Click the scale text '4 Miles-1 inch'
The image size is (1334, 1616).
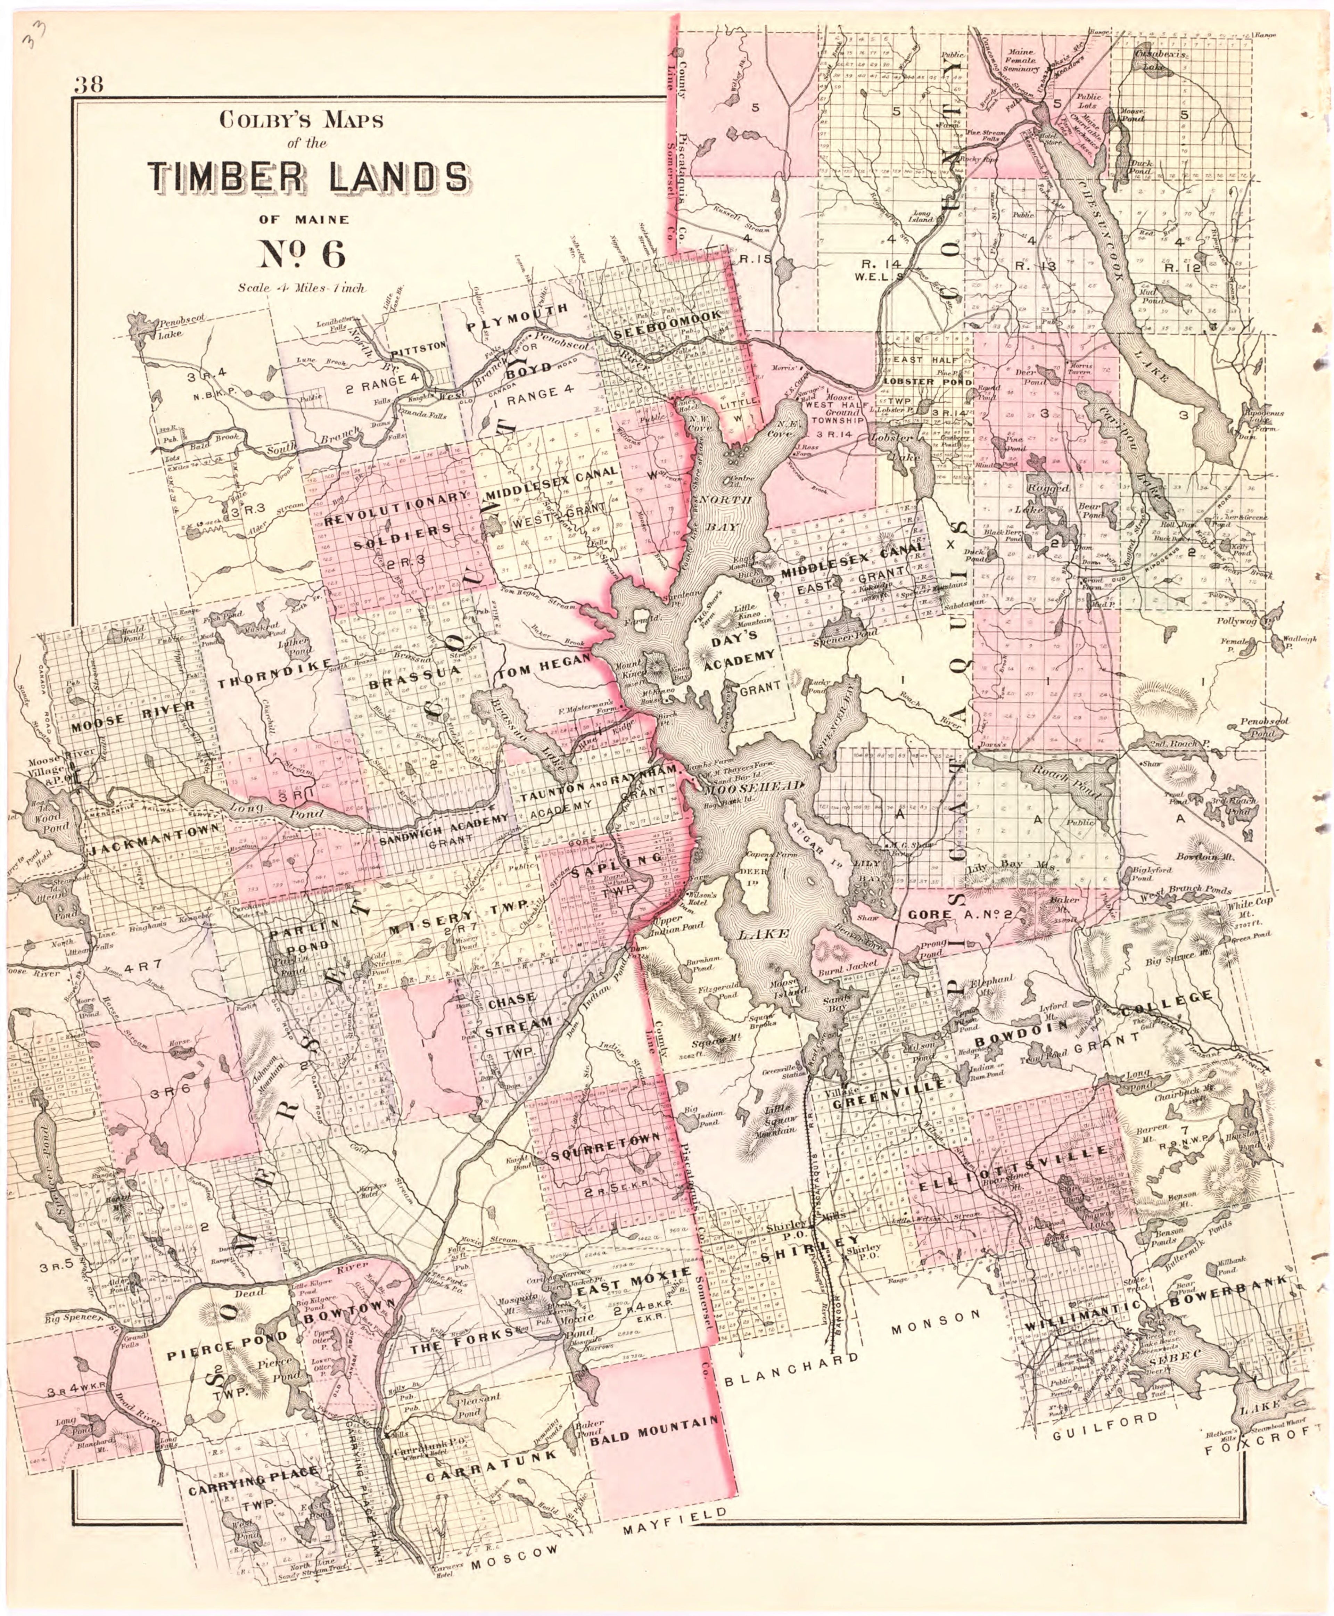coord(301,289)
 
